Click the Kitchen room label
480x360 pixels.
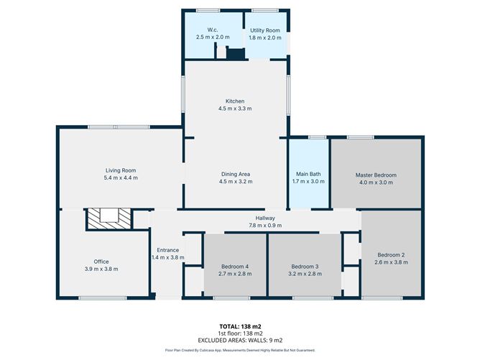click(235, 101)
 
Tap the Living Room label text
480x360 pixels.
click(120, 170)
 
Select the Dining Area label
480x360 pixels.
click(235, 174)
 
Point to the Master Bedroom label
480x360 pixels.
click(376, 175)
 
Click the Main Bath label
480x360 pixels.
click(310, 174)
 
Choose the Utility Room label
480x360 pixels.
click(265, 30)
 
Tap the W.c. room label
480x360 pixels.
click(213, 30)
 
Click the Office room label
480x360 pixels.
click(101, 262)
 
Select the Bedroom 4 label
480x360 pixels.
click(236, 266)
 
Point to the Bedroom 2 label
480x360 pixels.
click(392, 254)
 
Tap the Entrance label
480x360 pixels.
click(168, 250)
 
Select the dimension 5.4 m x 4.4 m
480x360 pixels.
click(120, 177)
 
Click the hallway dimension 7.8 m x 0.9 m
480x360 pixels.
click(265, 226)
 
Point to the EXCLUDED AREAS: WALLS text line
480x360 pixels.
click(240, 340)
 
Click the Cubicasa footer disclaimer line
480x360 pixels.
click(240, 350)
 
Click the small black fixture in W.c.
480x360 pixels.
click(234, 53)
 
